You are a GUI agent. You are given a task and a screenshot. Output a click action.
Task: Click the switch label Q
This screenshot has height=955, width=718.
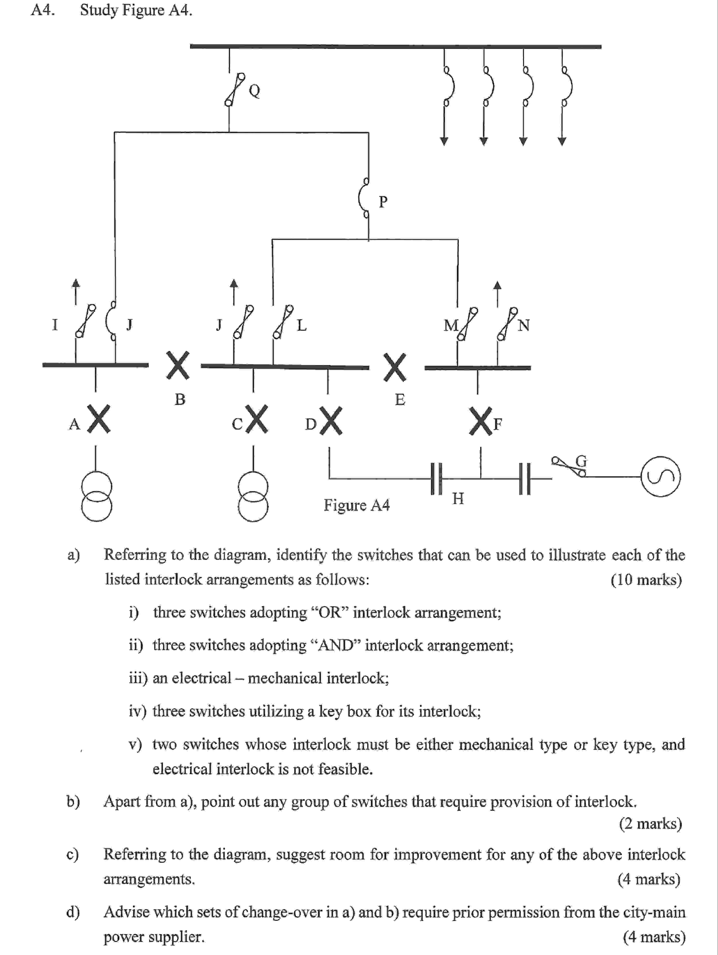255,91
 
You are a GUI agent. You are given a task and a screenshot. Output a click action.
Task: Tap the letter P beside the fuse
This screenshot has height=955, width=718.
383,202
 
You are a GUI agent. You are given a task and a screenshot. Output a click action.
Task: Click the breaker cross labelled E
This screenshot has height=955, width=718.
395,367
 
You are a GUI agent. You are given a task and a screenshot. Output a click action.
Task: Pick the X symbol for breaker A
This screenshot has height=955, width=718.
99,418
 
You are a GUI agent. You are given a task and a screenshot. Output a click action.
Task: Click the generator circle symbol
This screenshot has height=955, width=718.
661,477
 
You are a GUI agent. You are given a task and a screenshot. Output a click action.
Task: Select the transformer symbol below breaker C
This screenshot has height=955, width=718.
253,497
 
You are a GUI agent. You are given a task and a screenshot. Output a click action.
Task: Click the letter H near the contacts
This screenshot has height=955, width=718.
458,499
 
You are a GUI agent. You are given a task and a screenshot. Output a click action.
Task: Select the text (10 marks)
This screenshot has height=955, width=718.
646,579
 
